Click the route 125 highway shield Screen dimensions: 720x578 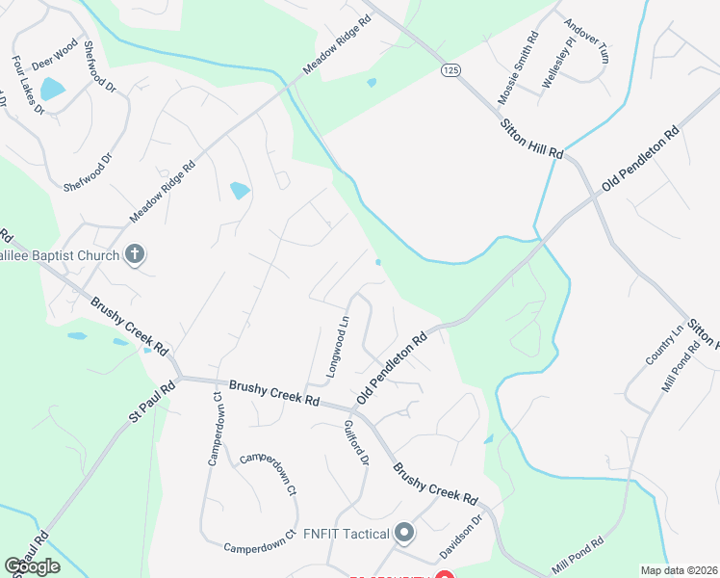coord(450,70)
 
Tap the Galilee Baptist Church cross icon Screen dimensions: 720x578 coord(135,255)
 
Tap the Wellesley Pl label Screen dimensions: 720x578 coord(558,63)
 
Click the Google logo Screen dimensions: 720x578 coord(33,566)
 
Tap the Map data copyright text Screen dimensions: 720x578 coord(679,570)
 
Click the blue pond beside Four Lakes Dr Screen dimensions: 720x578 coord(53,92)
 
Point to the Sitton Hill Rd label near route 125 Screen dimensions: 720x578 coord(531,140)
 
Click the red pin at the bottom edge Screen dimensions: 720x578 coord(445,575)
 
